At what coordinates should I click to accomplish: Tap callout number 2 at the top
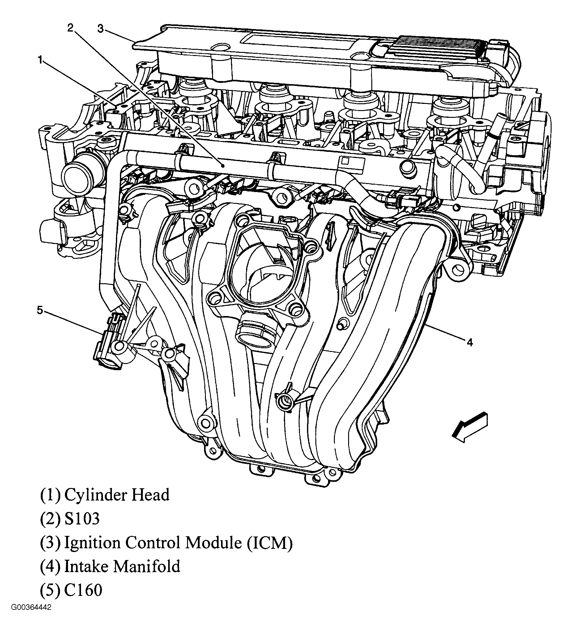[x=70, y=28]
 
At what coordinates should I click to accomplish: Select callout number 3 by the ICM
[x=100, y=29]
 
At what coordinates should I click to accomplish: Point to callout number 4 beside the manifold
[x=470, y=343]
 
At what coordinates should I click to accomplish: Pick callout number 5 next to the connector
[x=40, y=310]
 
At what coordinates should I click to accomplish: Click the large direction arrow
[x=469, y=427]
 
